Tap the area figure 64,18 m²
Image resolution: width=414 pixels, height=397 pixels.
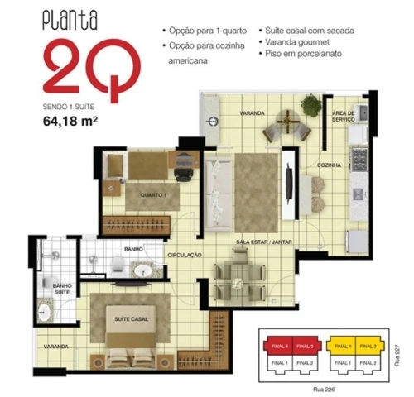pyautogui.click(x=70, y=122)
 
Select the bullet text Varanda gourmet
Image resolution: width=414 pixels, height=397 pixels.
pyautogui.click(x=297, y=42)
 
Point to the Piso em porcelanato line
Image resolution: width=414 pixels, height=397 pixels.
pyautogui.click(x=303, y=54)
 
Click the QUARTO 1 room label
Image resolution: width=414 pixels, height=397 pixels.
pyautogui.click(x=153, y=195)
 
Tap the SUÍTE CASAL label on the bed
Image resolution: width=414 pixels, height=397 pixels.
pyautogui.click(x=132, y=319)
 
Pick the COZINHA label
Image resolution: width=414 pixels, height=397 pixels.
pyautogui.click(x=329, y=165)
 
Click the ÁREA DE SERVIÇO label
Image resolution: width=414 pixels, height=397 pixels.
pyautogui.click(x=344, y=117)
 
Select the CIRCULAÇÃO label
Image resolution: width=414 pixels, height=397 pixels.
pyautogui.click(x=185, y=255)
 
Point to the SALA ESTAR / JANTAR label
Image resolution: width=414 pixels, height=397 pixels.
pyautogui.click(x=264, y=242)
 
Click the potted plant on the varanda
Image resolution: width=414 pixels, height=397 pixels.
pyautogui.click(x=311, y=105)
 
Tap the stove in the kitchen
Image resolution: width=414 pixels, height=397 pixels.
pyautogui.click(x=359, y=160)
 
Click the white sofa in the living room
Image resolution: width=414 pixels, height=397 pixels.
pyautogui.click(x=219, y=194)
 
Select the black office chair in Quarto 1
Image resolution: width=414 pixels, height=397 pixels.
pyautogui.click(x=183, y=175)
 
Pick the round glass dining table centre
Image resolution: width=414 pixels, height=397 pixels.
pyautogui.click(x=237, y=284)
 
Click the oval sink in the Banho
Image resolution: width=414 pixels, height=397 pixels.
pyautogui.click(x=143, y=270)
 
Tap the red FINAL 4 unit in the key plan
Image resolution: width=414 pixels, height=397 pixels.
pyautogui.click(x=279, y=347)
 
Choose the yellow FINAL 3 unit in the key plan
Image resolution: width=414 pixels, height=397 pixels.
pyautogui.click(x=368, y=347)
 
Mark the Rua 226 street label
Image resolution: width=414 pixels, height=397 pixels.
pyautogui.click(x=324, y=390)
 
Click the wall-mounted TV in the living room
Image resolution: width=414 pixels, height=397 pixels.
pyautogui.click(x=289, y=183)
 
